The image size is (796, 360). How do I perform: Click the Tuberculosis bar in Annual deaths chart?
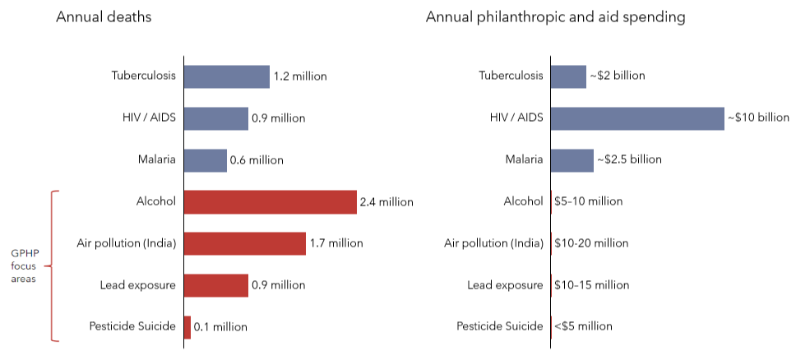click(226, 76)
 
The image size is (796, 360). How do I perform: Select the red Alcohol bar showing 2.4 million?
click(270, 201)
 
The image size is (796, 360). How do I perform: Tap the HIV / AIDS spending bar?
click(636, 118)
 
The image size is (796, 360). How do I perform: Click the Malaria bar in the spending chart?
click(572, 160)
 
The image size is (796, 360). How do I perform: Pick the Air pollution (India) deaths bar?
click(244, 243)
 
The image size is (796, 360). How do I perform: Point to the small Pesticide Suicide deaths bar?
click(187, 327)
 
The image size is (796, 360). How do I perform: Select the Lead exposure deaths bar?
click(215, 285)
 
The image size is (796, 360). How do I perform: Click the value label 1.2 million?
click(299, 76)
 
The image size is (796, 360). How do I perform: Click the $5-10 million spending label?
click(588, 201)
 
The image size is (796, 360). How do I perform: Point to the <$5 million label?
click(583, 327)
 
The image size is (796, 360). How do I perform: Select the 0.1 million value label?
click(220, 327)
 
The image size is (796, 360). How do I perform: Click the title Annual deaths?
click(104, 17)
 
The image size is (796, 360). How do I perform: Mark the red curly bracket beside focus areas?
click(54, 265)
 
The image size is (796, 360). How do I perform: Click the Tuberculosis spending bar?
click(567, 76)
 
